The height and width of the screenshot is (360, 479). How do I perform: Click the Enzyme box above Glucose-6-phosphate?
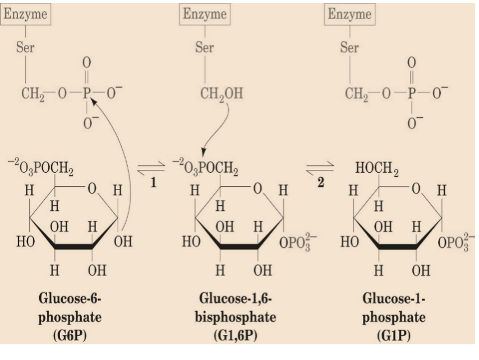(x=26, y=13)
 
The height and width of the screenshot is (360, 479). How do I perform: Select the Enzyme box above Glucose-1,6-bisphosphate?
(x=204, y=13)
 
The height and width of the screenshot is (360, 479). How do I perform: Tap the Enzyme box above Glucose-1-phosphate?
(x=349, y=13)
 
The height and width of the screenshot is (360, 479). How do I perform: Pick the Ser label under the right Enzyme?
(x=349, y=47)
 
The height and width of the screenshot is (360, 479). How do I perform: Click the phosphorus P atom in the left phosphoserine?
(x=86, y=94)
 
